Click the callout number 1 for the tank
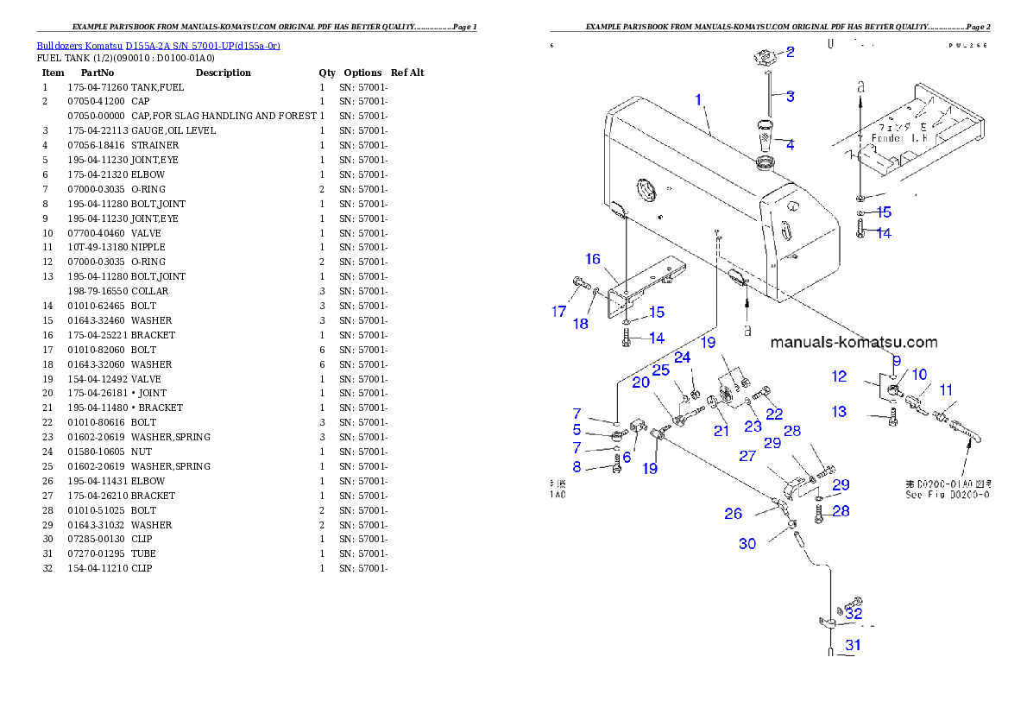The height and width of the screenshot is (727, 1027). coord(699,100)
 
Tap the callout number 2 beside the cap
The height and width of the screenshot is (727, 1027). coord(790,52)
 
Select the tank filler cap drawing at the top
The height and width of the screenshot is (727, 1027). coord(762,60)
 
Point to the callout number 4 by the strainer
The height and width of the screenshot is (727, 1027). coord(790,144)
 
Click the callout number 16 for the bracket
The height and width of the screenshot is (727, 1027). coord(593,259)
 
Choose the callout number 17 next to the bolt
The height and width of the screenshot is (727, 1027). coord(559,312)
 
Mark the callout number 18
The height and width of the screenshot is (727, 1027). coord(581,324)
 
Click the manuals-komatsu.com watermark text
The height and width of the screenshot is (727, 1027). coord(853,343)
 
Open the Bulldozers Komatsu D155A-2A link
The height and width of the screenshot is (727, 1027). coord(158,46)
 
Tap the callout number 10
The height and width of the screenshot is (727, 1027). coord(920,374)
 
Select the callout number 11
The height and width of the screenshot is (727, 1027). coord(946,389)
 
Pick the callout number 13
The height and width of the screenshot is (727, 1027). coord(840,412)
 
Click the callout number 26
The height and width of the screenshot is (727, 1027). coord(734,514)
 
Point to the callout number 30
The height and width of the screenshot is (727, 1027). coord(747,543)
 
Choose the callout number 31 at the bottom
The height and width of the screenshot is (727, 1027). coord(853,644)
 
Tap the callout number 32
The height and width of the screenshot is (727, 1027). coord(854,614)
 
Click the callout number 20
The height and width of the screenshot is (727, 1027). coord(640,382)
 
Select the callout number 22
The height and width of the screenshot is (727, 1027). coord(774,414)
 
